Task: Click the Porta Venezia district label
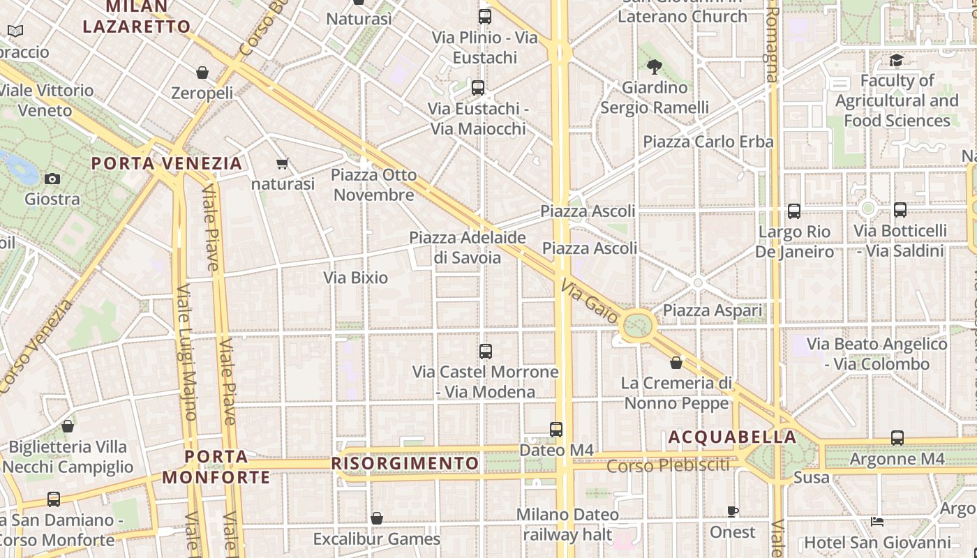(x=167, y=163)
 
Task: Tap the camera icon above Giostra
(x=52, y=179)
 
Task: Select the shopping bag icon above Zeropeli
(x=202, y=73)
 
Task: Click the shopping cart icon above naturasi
(x=283, y=164)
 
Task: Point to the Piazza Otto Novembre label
(x=374, y=185)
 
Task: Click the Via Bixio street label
(x=355, y=278)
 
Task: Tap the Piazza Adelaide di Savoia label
(x=468, y=248)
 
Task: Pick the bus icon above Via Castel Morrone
(x=486, y=352)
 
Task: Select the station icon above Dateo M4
(x=556, y=429)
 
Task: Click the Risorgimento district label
(x=405, y=463)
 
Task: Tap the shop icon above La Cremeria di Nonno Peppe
(x=676, y=363)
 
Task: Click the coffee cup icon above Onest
(x=733, y=511)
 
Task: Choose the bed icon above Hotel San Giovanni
(x=877, y=522)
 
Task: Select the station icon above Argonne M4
(x=897, y=438)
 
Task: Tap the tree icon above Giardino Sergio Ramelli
(x=654, y=67)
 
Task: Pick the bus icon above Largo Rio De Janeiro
(x=794, y=211)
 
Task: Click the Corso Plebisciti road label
(x=668, y=465)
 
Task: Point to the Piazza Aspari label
(x=713, y=310)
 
